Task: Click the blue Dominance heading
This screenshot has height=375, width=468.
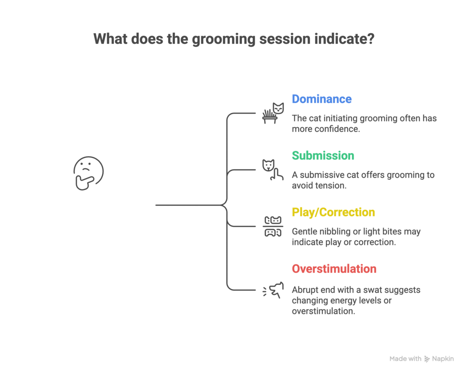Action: click(322, 99)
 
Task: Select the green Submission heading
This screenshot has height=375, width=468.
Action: click(323, 156)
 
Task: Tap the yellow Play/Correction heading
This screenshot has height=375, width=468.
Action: click(333, 213)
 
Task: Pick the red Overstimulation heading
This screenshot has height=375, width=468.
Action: click(334, 269)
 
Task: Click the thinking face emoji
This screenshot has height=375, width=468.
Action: click(88, 173)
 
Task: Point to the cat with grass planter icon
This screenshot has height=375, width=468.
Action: click(273, 113)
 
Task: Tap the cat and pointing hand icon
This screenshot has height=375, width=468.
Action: click(273, 170)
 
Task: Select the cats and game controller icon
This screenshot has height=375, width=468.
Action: click(273, 226)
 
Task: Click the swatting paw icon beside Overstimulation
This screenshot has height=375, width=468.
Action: click(273, 290)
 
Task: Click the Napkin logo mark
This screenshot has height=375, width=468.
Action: click(427, 359)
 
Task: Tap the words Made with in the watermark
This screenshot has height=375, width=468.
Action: click(405, 359)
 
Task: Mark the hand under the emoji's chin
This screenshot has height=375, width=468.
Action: click(85, 182)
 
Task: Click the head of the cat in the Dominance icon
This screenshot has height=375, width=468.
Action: click(278, 108)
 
